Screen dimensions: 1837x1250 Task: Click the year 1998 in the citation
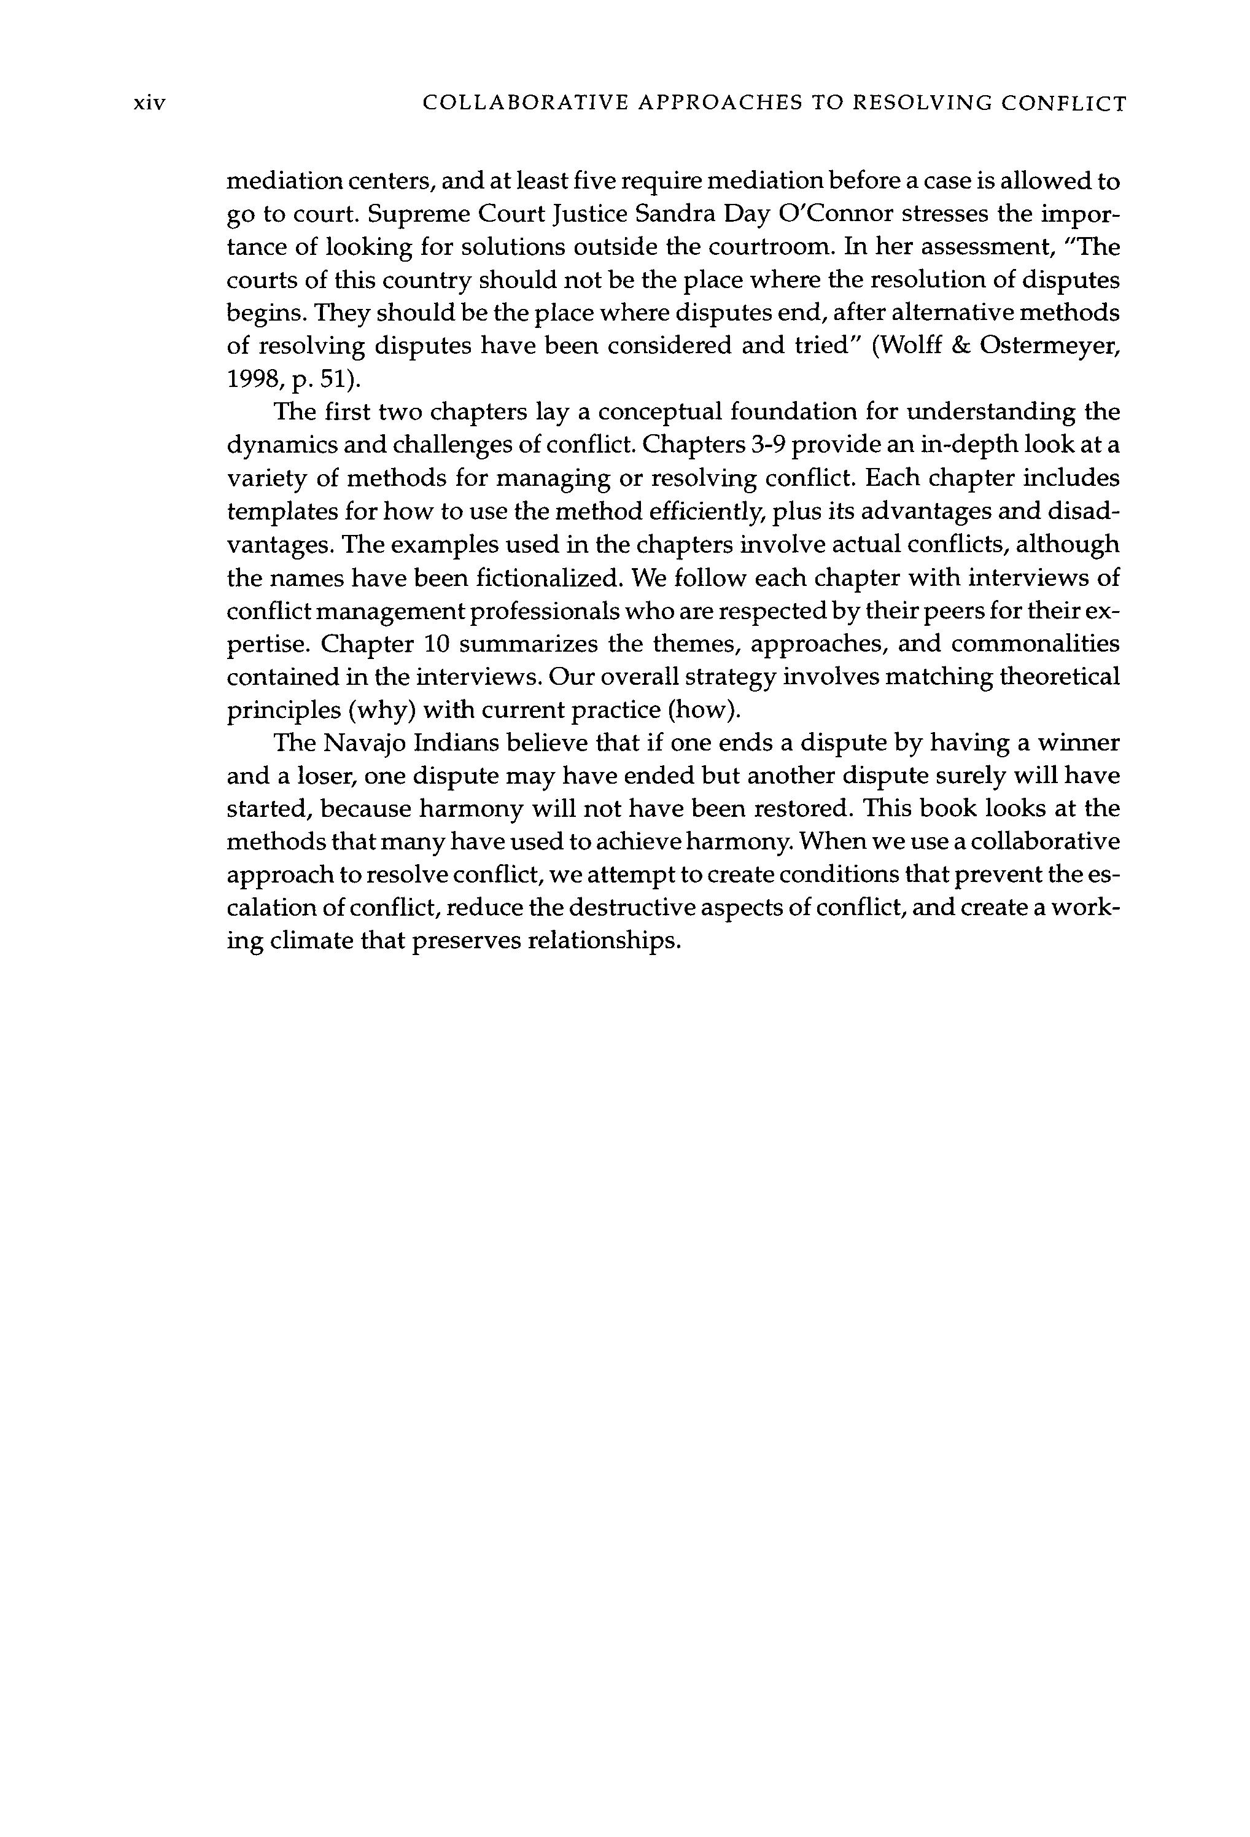(x=254, y=380)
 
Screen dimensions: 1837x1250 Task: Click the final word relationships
(x=603, y=942)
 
